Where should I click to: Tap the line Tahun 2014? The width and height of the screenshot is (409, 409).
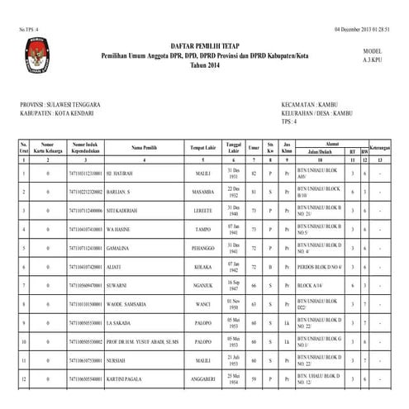coord(203,64)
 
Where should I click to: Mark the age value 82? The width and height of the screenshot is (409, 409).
coord(254,175)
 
